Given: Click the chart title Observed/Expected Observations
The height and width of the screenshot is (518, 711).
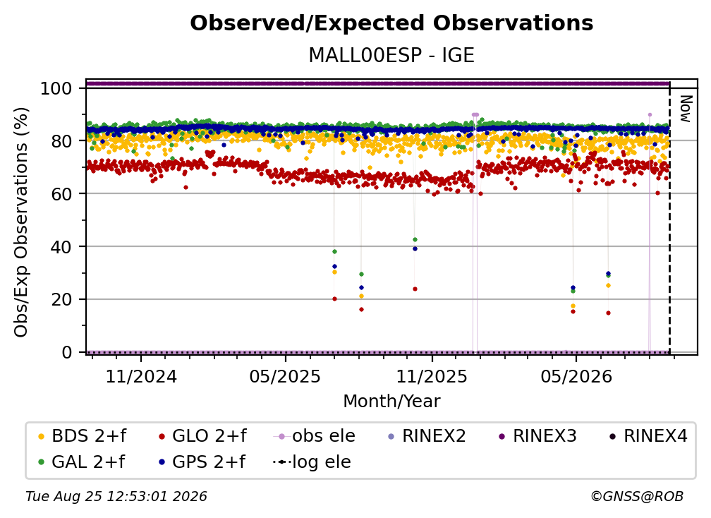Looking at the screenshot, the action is click(391, 23).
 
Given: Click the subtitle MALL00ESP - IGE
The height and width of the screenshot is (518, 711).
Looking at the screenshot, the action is click(391, 56).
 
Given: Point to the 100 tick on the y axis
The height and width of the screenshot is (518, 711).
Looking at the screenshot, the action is click(56, 88).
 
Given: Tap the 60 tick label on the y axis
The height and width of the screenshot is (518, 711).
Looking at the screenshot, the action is click(61, 193).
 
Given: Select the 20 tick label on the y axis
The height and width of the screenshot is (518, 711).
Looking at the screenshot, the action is click(61, 299).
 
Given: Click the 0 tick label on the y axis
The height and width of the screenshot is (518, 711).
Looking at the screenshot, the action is click(67, 352).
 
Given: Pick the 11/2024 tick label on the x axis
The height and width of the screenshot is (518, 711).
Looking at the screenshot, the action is click(141, 376).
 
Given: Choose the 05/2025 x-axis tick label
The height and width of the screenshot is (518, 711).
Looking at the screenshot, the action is click(285, 376).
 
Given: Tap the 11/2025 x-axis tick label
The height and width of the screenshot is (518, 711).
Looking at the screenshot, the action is click(432, 376).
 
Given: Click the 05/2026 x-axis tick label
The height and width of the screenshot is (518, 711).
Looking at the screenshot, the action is click(576, 376).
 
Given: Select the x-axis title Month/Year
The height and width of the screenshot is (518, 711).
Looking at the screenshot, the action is click(391, 402).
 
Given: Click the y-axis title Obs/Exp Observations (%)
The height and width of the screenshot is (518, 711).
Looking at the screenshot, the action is click(21, 222).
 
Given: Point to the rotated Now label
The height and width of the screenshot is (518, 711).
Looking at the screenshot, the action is click(685, 109).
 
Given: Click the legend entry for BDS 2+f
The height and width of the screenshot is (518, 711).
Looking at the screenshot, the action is click(83, 436).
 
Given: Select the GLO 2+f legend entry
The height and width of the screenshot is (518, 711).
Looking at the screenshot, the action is click(202, 436).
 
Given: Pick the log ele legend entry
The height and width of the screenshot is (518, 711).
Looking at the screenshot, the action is click(312, 462).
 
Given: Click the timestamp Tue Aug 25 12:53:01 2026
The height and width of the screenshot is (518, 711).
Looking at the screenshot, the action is click(116, 497).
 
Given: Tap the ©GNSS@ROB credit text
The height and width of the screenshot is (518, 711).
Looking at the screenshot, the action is click(637, 497).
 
